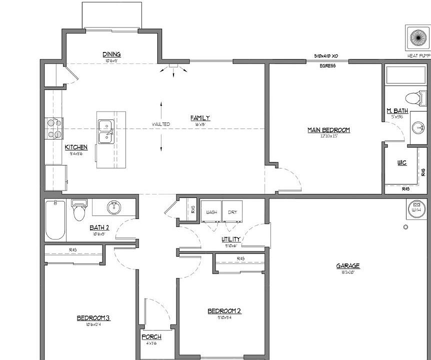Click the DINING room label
click(x=111, y=54)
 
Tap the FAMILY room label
click(x=200, y=118)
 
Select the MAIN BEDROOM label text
click(x=328, y=130)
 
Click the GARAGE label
click(x=348, y=266)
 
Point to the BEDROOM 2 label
click(x=224, y=311)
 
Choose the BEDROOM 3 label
click(x=93, y=318)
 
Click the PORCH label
click(x=151, y=337)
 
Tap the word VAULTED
click(x=161, y=124)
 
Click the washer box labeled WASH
click(x=211, y=211)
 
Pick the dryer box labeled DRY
click(x=232, y=211)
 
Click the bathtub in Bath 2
click(x=54, y=220)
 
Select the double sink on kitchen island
click(x=105, y=131)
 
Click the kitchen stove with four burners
click(x=54, y=128)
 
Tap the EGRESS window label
click(x=327, y=65)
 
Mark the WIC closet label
click(x=401, y=163)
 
